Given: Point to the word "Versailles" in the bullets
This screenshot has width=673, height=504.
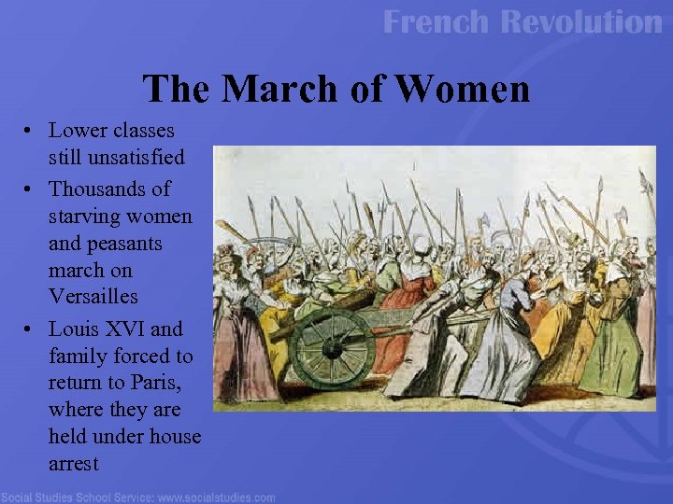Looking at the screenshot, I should point(93,297).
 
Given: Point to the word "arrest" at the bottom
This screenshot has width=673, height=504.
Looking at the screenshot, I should point(74,463).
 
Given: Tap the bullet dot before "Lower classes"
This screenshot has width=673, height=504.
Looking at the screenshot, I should point(32,131).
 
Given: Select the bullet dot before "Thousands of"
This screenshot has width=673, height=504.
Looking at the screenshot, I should point(32,189).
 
